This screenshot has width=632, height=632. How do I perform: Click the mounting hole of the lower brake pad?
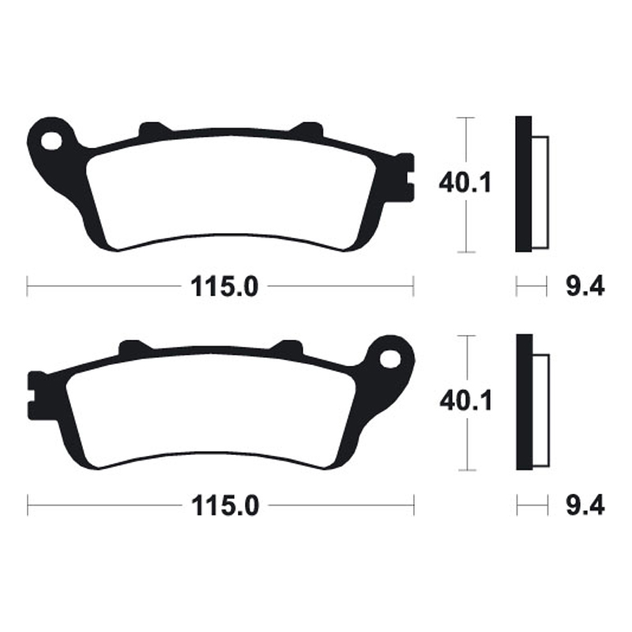pos(390,359)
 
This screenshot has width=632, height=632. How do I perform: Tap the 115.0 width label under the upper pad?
pos(224,287)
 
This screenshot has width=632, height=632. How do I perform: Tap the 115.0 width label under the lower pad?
pos(224,506)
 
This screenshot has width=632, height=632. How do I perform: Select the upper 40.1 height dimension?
pos(466,183)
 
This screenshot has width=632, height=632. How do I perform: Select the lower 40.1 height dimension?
pos(466,401)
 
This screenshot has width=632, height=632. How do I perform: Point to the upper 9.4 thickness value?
pos(585,287)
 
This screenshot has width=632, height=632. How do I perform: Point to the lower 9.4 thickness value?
pos(585,506)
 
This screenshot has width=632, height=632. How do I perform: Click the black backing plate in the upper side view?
pos(523,183)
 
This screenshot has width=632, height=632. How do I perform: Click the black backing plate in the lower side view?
pos(523,403)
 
